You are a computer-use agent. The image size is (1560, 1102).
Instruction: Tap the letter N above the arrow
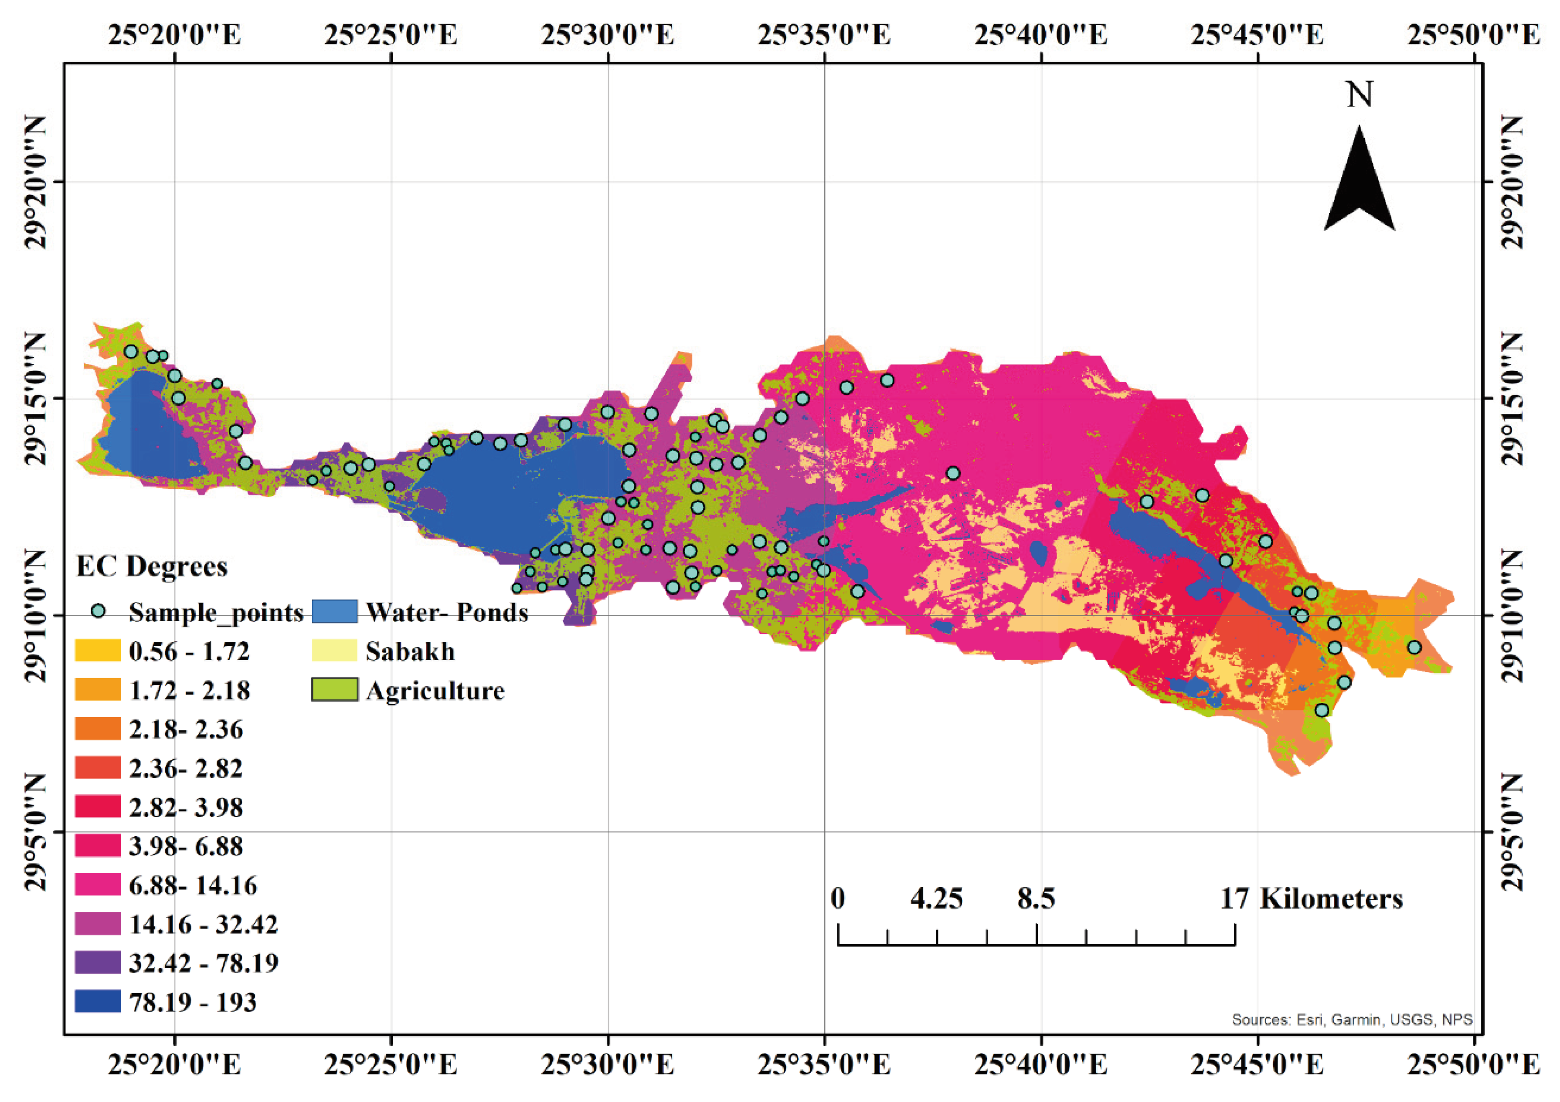point(1359,95)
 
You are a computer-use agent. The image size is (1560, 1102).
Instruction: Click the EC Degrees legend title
point(152,566)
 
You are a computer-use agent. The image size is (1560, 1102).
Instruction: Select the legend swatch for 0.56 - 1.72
point(97,651)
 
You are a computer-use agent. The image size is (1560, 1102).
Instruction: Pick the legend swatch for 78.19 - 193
point(97,1001)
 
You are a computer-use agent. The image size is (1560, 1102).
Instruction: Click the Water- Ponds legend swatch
point(334,611)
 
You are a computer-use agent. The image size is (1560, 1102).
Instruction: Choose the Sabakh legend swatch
point(334,651)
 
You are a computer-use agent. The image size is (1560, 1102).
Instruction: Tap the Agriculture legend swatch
point(334,690)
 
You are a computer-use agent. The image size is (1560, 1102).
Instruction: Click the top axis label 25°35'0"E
point(824,34)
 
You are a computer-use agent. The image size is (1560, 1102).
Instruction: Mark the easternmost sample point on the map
point(1414,647)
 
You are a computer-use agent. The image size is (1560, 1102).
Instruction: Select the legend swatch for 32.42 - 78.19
point(97,963)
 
